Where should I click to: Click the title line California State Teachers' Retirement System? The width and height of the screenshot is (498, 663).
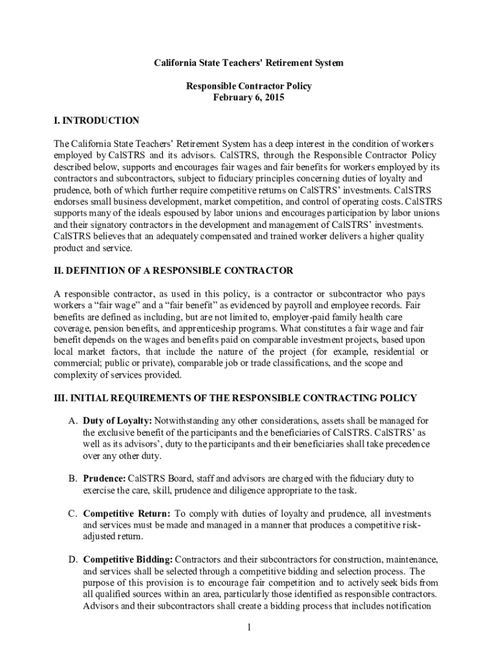pos(248,63)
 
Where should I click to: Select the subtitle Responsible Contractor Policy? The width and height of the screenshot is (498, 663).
pos(248,86)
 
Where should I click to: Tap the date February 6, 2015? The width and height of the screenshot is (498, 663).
pos(248,98)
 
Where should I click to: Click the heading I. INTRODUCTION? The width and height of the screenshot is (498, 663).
pos(96,120)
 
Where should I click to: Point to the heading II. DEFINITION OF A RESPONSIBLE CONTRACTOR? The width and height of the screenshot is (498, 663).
pos(173,270)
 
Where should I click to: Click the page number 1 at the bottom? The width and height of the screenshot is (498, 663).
pos(248,627)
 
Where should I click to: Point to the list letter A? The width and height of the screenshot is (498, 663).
pos(72,421)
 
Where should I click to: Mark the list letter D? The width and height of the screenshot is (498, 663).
pos(72,559)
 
